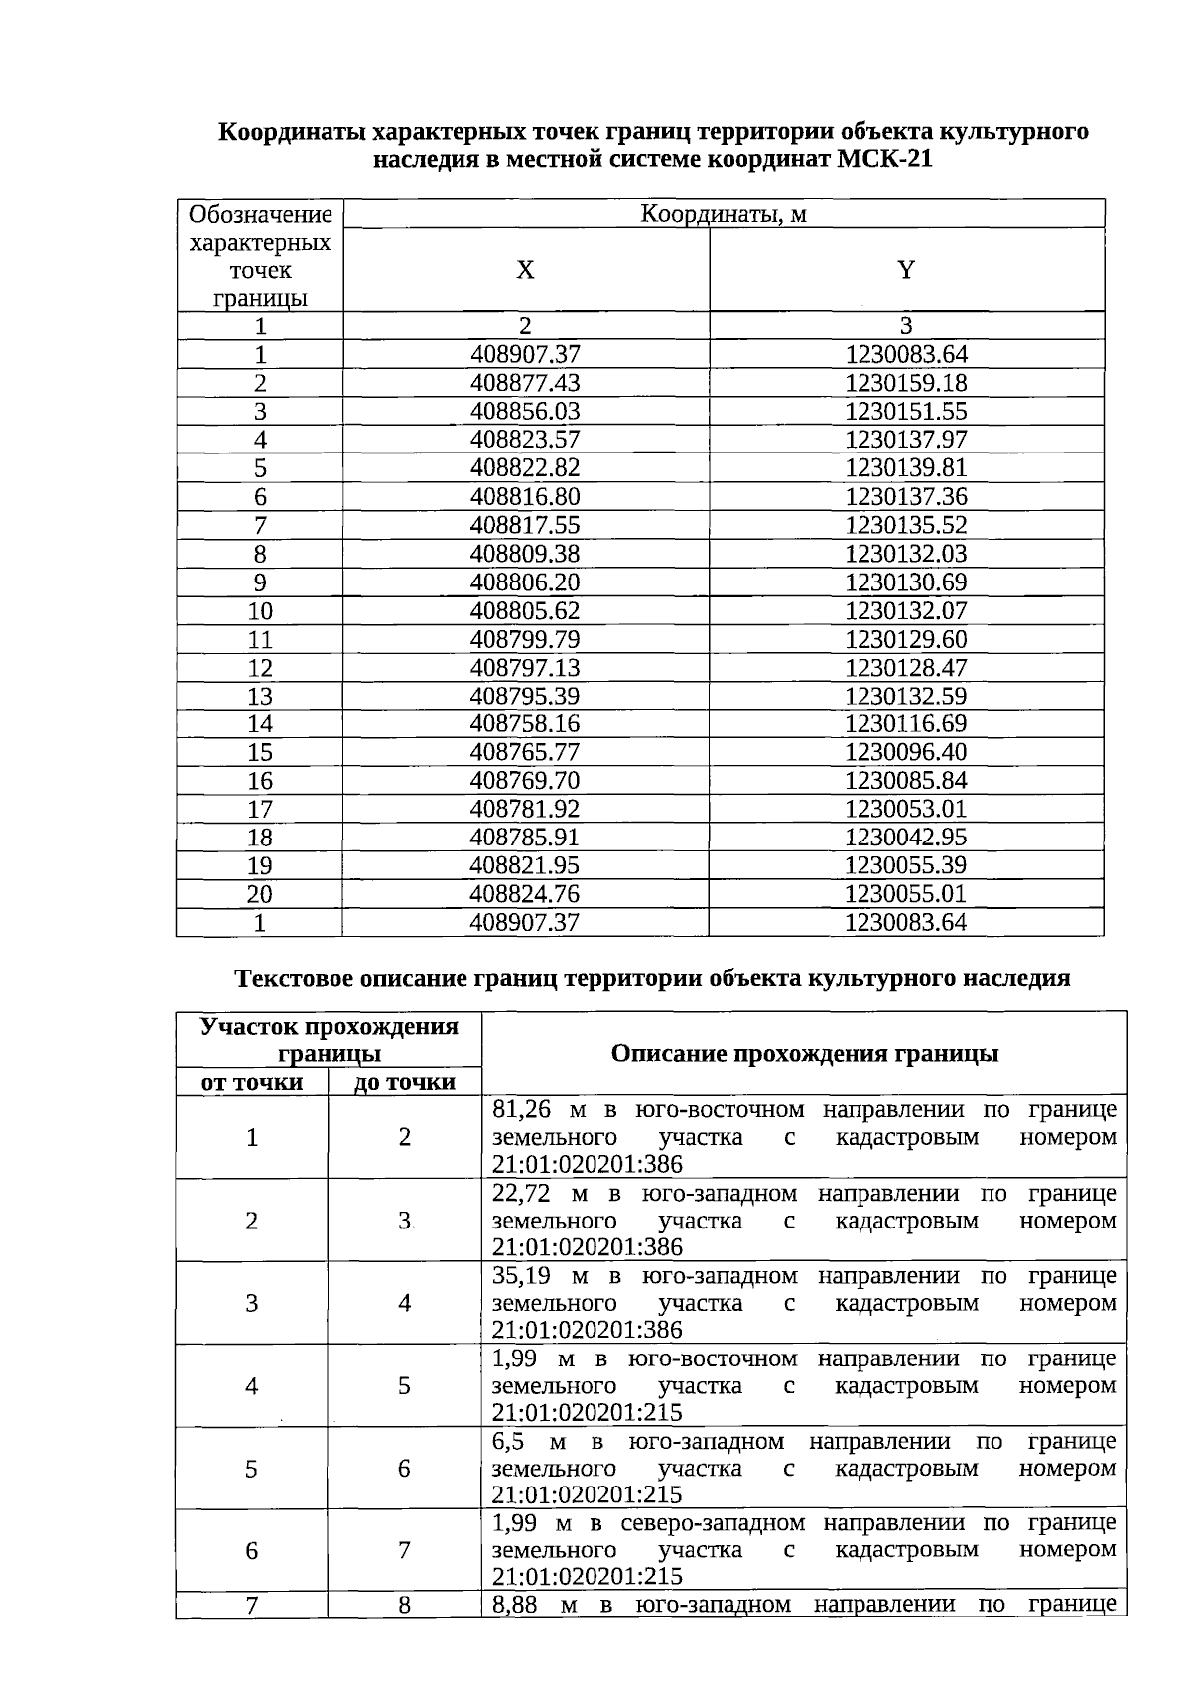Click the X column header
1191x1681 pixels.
coord(525,270)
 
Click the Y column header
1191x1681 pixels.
coord(905,270)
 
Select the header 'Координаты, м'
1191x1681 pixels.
coord(723,214)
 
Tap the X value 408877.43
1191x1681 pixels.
coord(525,383)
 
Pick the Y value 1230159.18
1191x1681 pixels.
coord(905,383)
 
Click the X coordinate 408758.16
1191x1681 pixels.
coord(525,723)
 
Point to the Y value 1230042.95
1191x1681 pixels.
coord(905,837)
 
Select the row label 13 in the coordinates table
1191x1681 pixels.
coord(260,696)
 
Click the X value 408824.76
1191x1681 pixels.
coord(525,893)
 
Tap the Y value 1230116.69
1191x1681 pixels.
coord(905,723)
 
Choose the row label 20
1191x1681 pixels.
coord(260,893)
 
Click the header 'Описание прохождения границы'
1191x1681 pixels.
coord(804,1053)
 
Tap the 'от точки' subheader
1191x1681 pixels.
coord(252,1082)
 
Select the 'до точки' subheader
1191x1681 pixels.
coord(405,1082)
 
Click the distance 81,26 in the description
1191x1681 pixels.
coord(521,1109)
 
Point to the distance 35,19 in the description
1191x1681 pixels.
coord(522,1275)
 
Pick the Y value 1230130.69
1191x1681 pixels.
coord(905,582)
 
